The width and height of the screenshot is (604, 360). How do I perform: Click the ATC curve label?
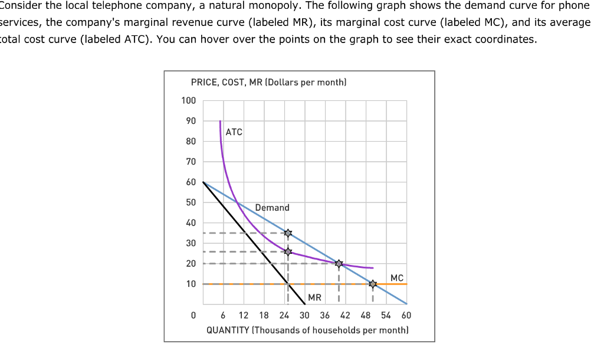pyautogui.click(x=234, y=132)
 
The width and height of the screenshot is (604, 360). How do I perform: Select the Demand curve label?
pyautogui.click(x=272, y=208)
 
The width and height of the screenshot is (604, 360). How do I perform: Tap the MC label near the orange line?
pyautogui.click(x=397, y=277)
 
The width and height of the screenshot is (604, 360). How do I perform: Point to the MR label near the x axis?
pyautogui.click(x=314, y=297)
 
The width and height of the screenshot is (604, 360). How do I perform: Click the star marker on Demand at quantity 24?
pyautogui.click(x=288, y=233)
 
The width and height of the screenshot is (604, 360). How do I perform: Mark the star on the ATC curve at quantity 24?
pyautogui.click(x=288, y=252)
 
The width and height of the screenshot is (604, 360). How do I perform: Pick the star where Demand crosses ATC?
pyautogui.click(x=339, y=263)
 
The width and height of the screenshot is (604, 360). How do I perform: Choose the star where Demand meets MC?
pyautogui.click(x=372, y=284)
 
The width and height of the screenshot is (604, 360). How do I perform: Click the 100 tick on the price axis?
pyautogui.click(x=189, y=100)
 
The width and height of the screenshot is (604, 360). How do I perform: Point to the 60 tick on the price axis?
pyautogui.click(x=191, y=182)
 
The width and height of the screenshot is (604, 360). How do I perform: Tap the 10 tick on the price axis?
pyautogui.click(x=191, y=284)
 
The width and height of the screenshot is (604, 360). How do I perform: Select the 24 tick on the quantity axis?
pyautogui.click(x=284, y=316)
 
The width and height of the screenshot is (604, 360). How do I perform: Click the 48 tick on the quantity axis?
pyautogui.click(x=366, y=316)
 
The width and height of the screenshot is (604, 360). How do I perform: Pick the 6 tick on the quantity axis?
pyautogui.click(x=223, y=316)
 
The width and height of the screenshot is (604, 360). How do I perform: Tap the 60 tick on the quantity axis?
pyautogui.click(x=406, y=316)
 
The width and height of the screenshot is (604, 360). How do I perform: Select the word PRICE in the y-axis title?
pyautogui.click(x=203, y=83)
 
